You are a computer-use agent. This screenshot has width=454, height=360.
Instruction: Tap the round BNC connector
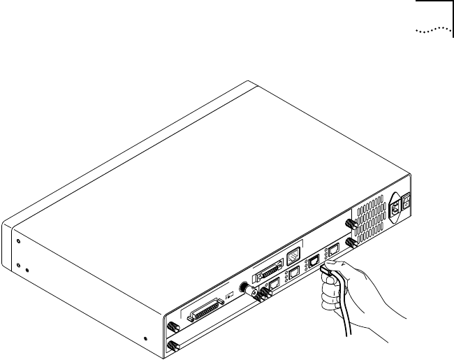[246, 288]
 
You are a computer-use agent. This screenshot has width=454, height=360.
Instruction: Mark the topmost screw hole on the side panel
[18, 241]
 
